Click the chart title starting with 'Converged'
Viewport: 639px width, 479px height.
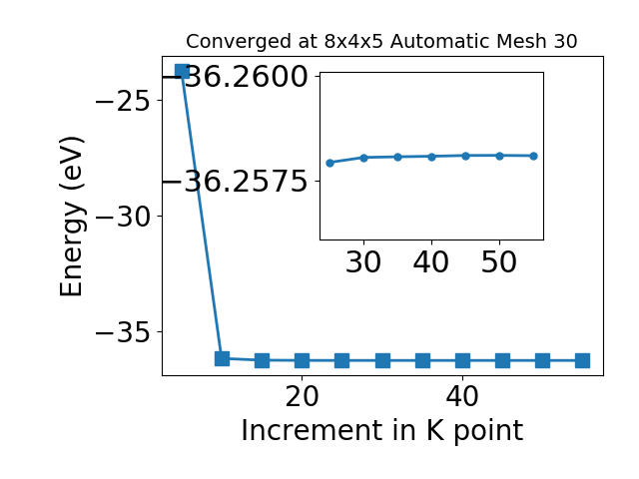(381, 41)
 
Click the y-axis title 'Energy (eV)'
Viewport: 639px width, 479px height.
(72, 217)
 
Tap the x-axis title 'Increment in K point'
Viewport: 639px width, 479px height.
(381, 431)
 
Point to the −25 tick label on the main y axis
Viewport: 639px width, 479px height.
(124, 101)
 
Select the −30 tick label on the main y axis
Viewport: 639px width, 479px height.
(124, 217)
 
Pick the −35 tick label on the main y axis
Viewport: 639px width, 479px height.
(124, 332)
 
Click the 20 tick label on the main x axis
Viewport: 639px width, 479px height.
(302, 396)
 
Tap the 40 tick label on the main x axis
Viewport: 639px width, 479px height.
(462, 396)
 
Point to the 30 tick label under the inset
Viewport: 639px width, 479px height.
(363, 261)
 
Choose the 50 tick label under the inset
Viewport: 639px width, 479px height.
(499, 261)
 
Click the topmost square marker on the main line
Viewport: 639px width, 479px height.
(182, 71)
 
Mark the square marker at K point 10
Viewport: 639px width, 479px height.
(222, 358)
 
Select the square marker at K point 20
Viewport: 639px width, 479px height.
(302, 360)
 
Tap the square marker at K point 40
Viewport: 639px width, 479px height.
(462, 360)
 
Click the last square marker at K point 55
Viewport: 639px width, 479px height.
(583, 360)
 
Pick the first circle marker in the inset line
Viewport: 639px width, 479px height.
(330, 163)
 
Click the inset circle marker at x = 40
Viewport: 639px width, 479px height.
(432, 157)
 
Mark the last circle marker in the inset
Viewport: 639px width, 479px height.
(534, 156)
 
